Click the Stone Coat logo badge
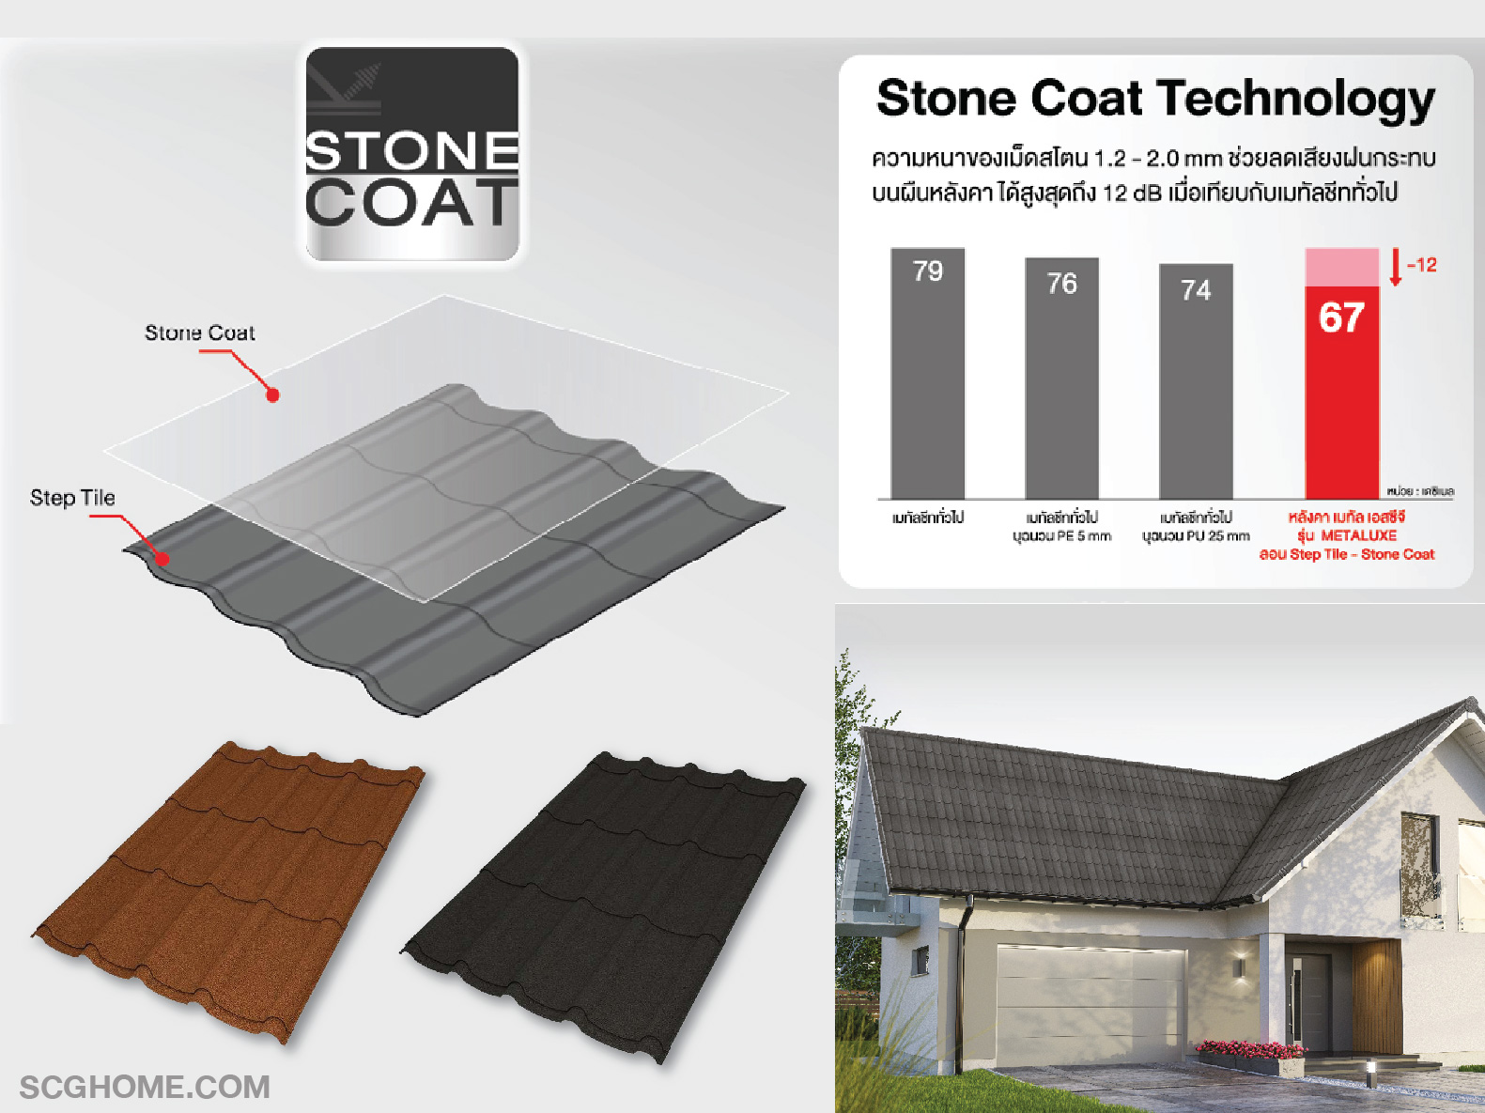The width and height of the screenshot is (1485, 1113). point(412,154)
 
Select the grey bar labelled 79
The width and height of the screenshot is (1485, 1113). point(927,376)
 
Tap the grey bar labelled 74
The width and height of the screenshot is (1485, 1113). point(1196,385)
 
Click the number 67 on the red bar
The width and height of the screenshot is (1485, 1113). point(1341,317)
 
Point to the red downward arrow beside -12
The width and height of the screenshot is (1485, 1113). point(1395,267)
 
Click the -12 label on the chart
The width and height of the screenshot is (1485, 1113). point(1422,265)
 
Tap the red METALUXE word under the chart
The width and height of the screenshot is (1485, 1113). point(1358,535)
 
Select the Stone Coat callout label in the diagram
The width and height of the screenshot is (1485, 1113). point(199,332)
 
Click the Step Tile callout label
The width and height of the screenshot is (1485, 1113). point(72,498)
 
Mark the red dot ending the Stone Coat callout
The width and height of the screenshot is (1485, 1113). point(272,395)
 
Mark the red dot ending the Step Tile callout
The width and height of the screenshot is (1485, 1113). point(162,559)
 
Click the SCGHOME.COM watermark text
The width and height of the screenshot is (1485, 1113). point(145,1087)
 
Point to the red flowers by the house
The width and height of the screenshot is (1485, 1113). point(1245,1048)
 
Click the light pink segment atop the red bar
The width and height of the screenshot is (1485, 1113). point(1341,268)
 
